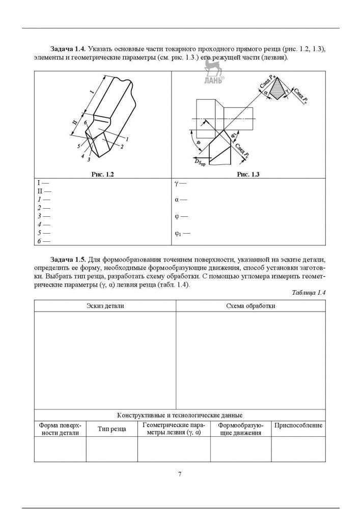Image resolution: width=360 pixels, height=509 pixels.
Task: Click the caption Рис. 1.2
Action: tap(102, 175)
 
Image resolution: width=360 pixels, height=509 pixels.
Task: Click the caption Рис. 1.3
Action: tap(248, 175)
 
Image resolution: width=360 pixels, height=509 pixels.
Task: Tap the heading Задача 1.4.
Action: tap(68, 49)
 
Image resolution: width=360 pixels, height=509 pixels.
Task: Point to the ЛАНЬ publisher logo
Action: tap(211, 74)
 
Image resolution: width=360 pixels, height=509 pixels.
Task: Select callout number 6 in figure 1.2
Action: tap(86, 123)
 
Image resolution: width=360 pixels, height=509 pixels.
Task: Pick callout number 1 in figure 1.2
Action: tap(126, 139)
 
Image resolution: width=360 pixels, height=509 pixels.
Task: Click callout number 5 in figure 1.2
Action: tap(78, 147)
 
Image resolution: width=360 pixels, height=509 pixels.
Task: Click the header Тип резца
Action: tap(112, 429)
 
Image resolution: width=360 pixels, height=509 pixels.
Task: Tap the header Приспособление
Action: tap(298, 425)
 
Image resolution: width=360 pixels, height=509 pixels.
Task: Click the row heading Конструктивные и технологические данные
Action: tap(180, 415)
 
